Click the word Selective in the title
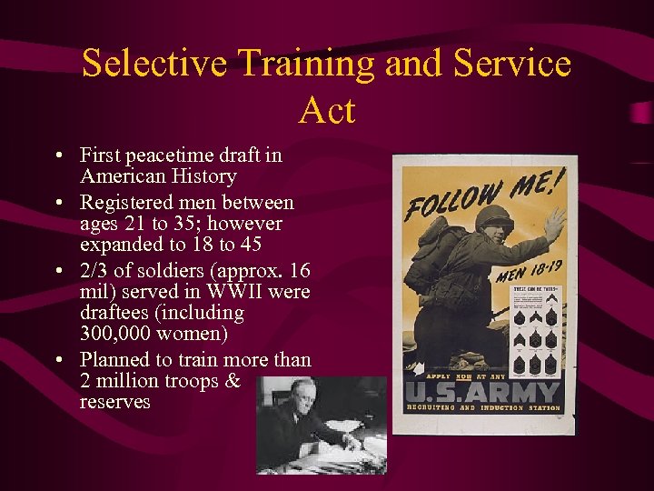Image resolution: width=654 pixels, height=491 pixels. pos(153,65)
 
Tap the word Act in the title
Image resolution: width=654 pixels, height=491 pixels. pos(326,110)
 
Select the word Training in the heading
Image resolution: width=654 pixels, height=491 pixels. pos(305,65)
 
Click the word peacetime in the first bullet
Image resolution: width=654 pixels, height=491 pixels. pos(168,155)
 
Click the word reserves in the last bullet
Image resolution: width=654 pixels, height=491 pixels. pos(114,401)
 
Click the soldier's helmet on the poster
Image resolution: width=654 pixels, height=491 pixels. pos(495,218)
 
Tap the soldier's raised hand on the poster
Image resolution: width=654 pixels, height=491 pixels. pos(553,223)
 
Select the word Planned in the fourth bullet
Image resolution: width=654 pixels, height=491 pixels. pos(115,359)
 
